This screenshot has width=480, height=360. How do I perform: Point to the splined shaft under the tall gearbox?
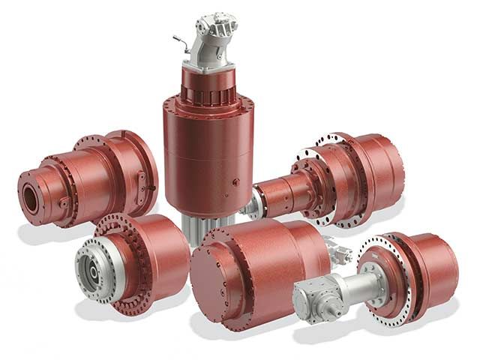pyautogui.click(x=199, y=225)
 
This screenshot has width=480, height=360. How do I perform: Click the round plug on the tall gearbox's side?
pyautogui.click(x=235, y=181)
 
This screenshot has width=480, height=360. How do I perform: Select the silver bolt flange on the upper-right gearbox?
pyautogui.click(x=322, y=180)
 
